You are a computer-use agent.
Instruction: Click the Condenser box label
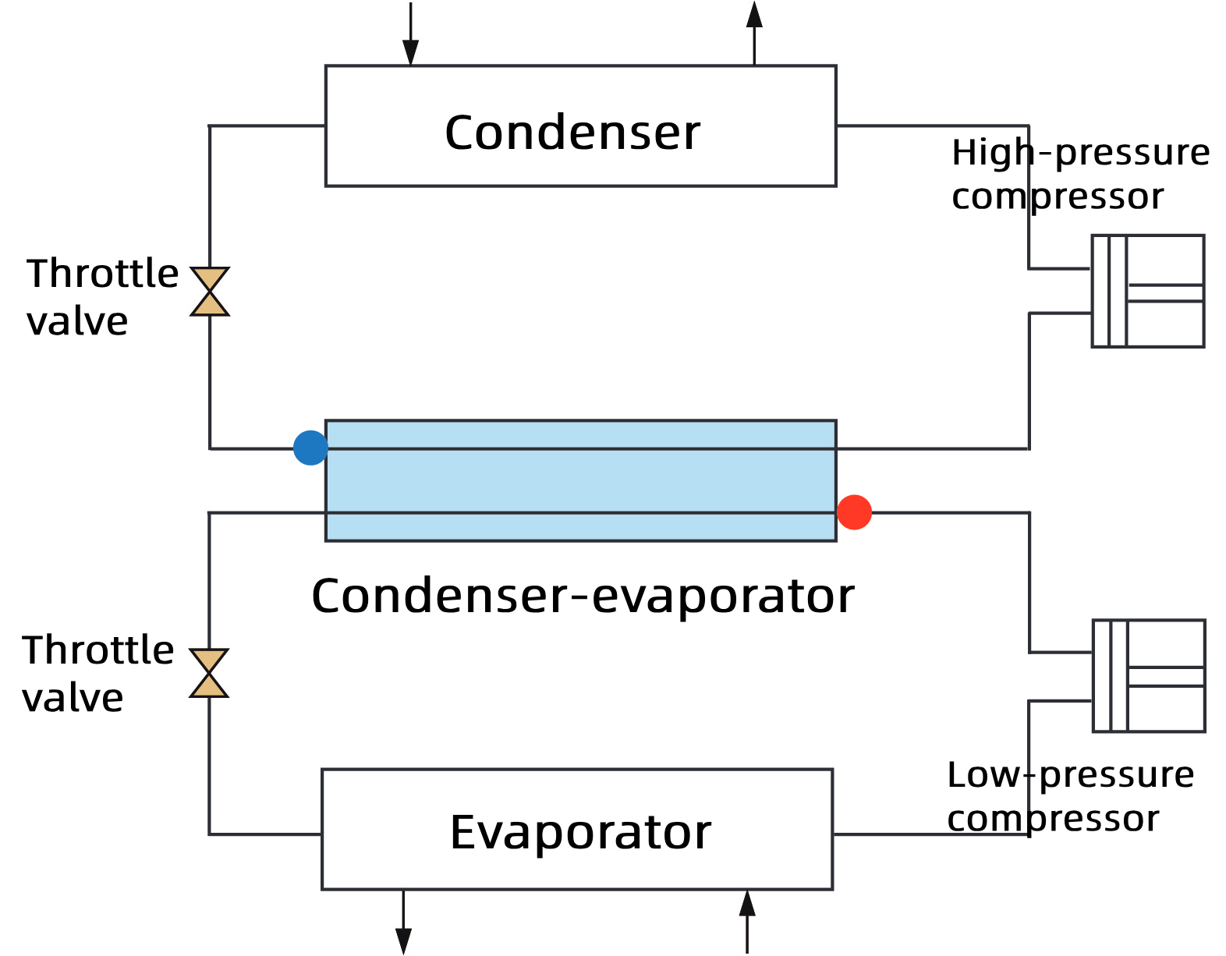point(572,133)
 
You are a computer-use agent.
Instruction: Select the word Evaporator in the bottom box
point(580,832)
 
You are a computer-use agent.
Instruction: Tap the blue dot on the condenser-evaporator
point(310,448)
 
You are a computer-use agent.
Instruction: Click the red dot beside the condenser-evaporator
point(854,512)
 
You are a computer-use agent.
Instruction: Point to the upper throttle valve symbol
point(210,292)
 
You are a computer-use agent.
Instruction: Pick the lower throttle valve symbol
point(209,673)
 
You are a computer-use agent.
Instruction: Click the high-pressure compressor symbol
point(1147,291)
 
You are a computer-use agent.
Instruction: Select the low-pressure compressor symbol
point(1149,676)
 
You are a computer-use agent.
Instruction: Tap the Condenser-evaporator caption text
point(583,597)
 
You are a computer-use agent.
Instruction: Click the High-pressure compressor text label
point(1080,174)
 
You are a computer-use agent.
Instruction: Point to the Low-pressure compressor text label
point(1070,796)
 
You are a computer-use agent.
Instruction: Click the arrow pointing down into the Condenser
point(410,35)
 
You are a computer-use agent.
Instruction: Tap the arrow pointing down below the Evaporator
point(403,924)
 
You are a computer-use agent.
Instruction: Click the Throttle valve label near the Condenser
point(101,297)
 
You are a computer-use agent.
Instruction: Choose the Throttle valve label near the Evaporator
point(97,674)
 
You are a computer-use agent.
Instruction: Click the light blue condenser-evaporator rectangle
point(580,480)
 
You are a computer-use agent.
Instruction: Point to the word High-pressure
point(1080,153)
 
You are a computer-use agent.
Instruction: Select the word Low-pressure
point(1070,775)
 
